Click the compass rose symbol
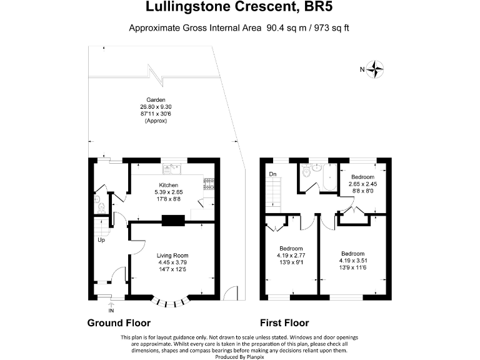coord(375,69)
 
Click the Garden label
coord(156,100)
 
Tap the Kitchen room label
coord(169,185)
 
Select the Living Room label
coord(172,256)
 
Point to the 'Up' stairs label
coord(100,240)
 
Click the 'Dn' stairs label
coord(272,174)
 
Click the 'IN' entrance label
coord(111,310)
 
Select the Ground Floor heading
coord(119,323)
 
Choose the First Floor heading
coord(284,323)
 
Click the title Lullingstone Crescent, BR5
coord(240,7)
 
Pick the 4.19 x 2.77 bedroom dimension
coord(291,255)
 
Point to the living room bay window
coord(172,302)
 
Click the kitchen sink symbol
coord(171,168)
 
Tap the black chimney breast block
coord(173,219)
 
